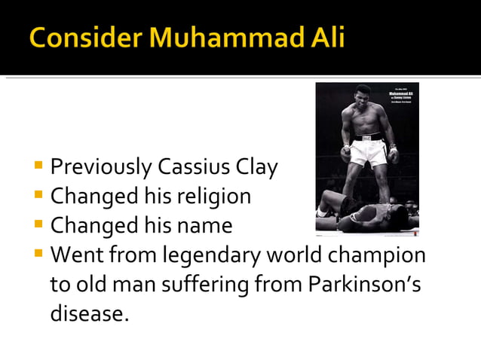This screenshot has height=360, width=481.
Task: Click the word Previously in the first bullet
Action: pyautogui.click(x=101, y=166)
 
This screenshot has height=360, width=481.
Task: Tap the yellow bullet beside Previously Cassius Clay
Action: pyautogui.click(x=38, y=166)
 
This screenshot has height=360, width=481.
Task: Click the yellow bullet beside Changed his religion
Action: pyautogui.click(x=38, y=195)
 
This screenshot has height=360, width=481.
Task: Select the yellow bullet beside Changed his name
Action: pyautogui.click(x=38, y=224)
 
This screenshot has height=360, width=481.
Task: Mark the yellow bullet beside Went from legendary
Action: pyautogui.click(x=38, y=254)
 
